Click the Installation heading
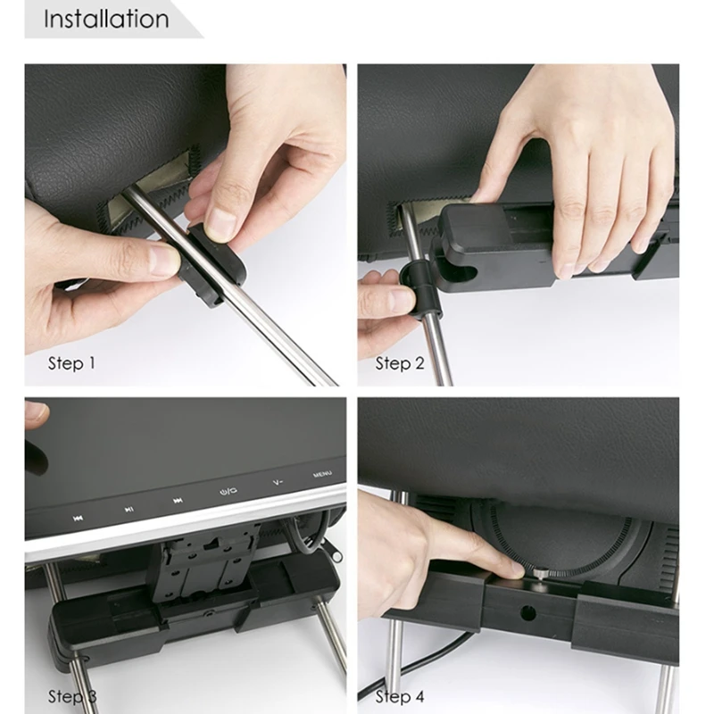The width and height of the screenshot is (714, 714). click(106, 19)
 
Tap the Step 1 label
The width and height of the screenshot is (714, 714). click(72, 363)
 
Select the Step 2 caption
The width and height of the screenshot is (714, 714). click(399, 363)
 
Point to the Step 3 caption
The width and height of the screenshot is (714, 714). click(72, 697)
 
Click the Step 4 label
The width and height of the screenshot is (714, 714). click(399, 697)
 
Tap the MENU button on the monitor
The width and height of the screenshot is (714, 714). click(322, 475)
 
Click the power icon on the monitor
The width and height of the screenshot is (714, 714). click(228, 491)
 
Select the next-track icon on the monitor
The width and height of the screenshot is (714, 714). click(178, 501)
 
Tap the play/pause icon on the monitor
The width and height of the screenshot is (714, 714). click(129, 509)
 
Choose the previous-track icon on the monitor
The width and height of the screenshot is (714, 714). click(78, 519)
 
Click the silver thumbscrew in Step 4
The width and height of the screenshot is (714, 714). click(541, 572)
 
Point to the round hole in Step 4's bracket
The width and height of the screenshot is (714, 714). click(527, 613)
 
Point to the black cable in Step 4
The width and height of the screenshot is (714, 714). click(410, 669)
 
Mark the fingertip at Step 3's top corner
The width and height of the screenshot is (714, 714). click(37, 413)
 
